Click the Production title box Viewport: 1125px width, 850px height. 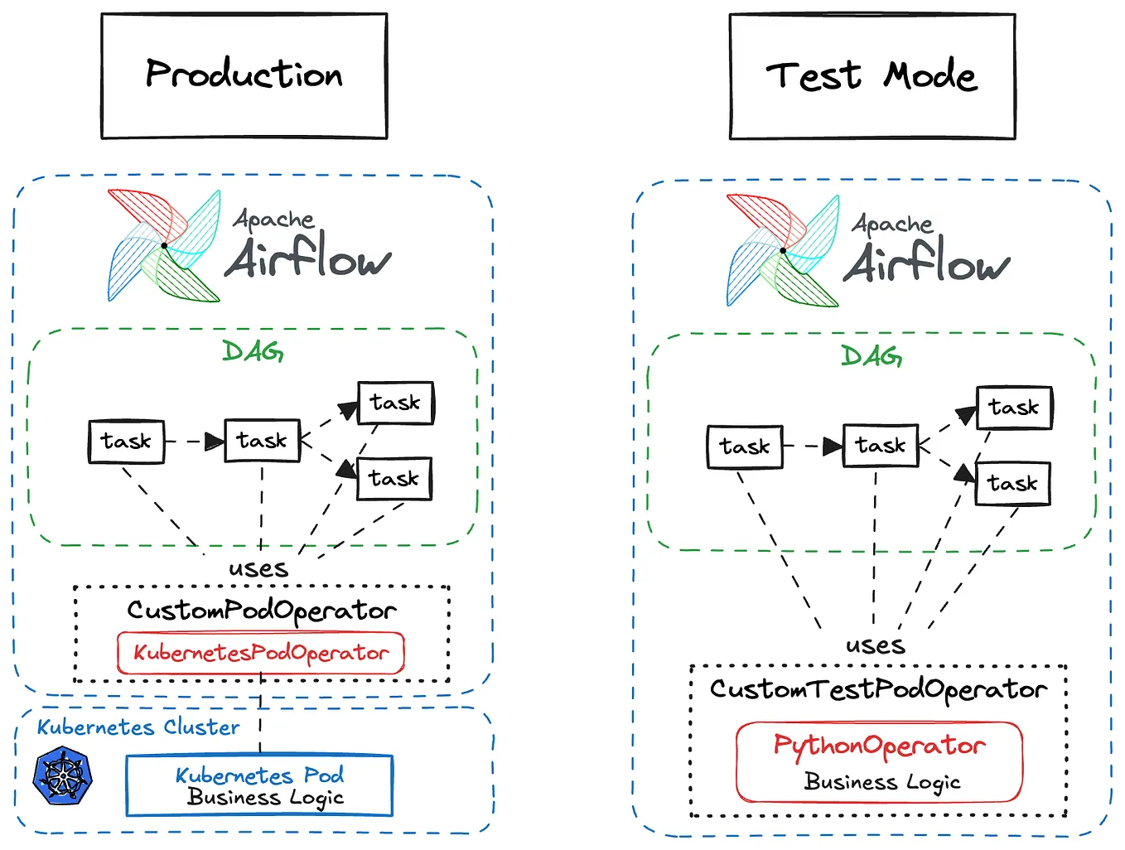[x=244, y=75]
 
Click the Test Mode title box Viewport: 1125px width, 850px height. [x=872, y=76]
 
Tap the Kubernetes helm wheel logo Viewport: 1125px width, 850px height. [x=62, y=776]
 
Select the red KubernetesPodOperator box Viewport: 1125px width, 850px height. [x=260, y=653]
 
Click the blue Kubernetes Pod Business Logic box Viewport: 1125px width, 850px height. [x=259, y=785]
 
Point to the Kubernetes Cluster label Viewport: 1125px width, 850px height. [x=138, y=727]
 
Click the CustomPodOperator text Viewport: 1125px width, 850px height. [x=261, y=611]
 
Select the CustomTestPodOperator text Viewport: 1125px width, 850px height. [x=878, y=689]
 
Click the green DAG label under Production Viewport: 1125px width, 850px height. [x=253, y=351]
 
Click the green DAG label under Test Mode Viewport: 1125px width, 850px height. [x=872, y=356]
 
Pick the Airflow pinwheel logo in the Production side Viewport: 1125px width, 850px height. [x=164, y=245]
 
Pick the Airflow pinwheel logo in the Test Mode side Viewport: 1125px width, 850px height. [x=783, y=250]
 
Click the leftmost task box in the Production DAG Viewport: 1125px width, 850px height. [x=126, y=442]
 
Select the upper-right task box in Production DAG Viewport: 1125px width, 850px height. [x=395, y=403]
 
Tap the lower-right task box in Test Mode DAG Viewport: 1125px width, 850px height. [x=1012, y=483]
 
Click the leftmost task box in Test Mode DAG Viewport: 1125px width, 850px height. [x=744, y=447]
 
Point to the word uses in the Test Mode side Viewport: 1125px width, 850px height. [x=875, y=645]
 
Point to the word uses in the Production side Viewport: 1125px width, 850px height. [x=258, y=569]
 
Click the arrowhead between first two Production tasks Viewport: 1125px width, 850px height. [x=215, y=442]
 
